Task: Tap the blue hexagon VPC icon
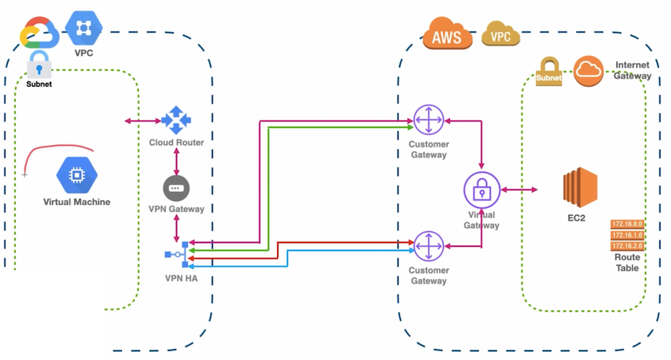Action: (x=84, y=29)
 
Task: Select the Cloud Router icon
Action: (x=176, y=121)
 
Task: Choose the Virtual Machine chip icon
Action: (x=77, y=176)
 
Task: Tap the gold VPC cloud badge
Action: (x=501, y=34)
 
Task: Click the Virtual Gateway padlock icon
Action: (x=482, y=189)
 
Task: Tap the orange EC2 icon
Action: (x=580, y=188)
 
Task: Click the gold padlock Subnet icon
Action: (x=550, y=71)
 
